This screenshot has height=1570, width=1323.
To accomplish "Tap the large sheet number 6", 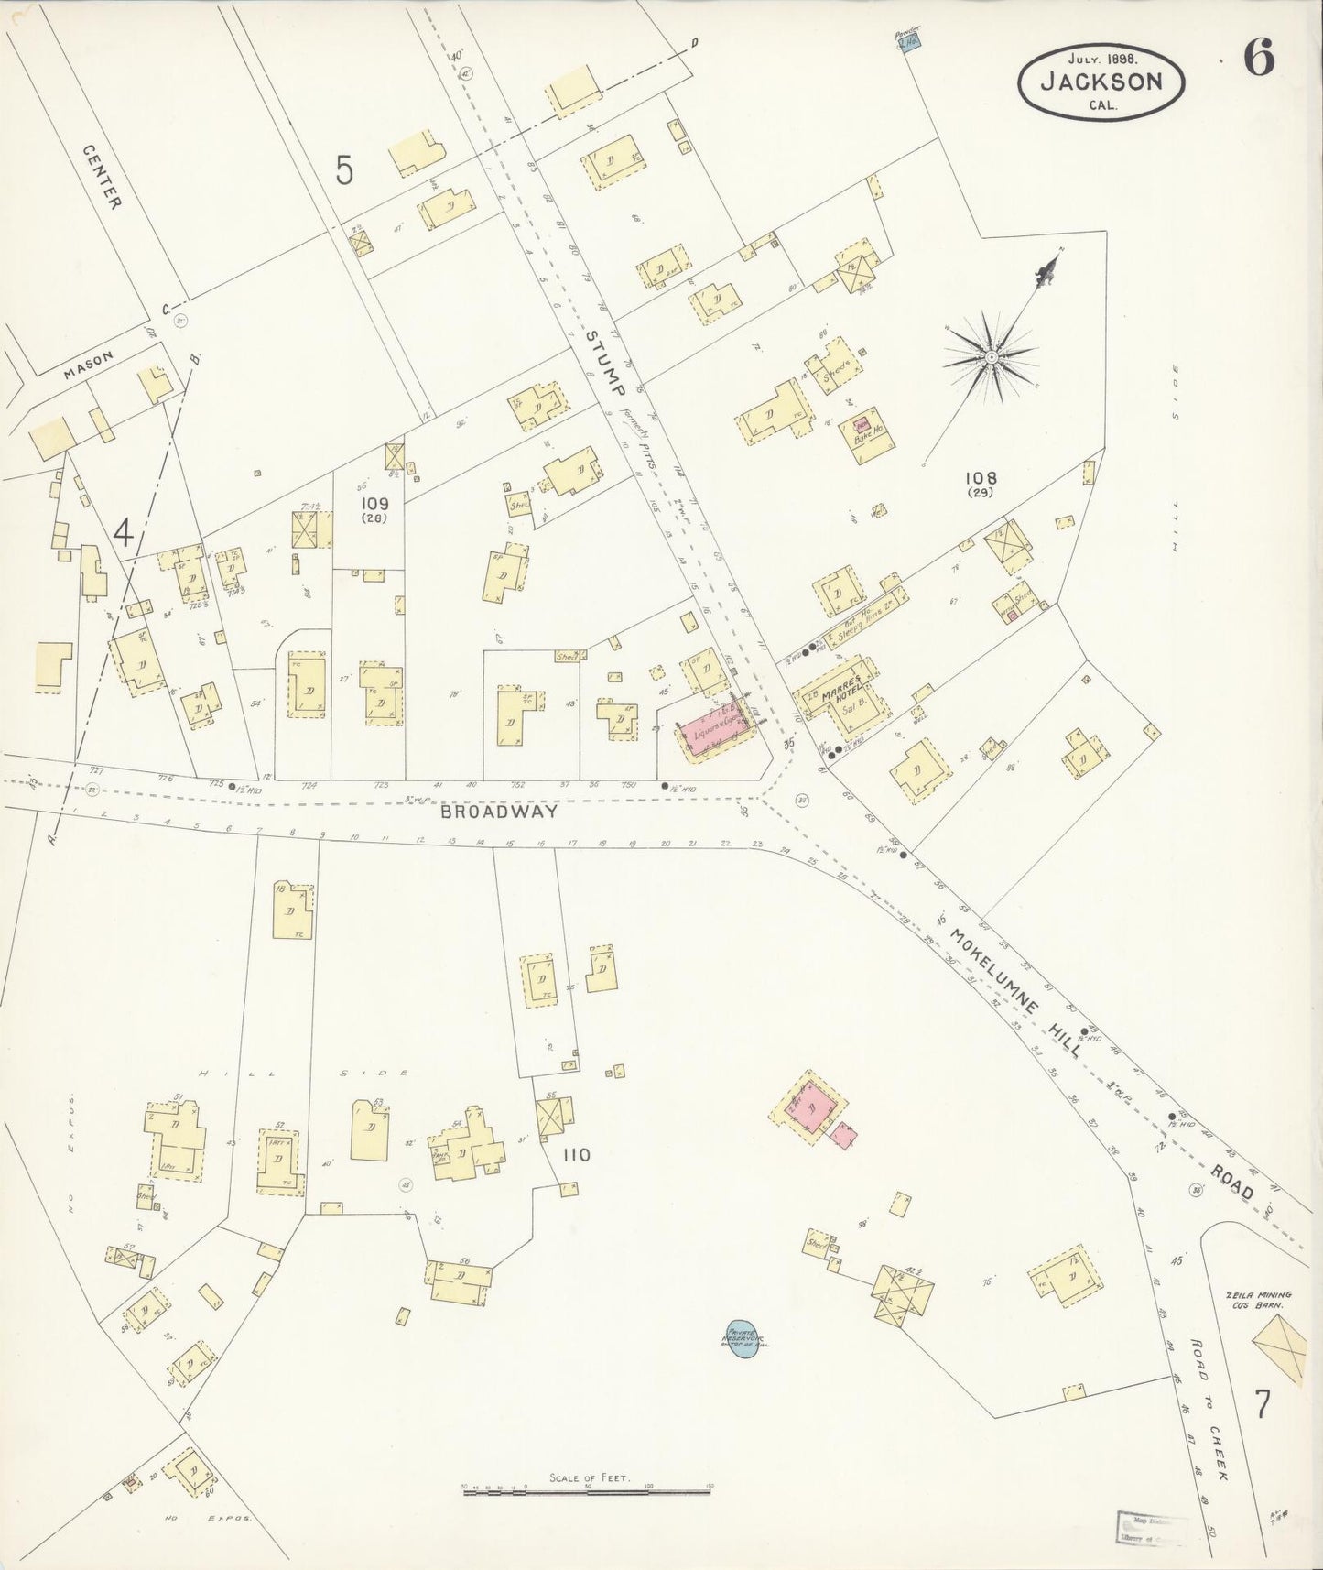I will (x=1259, y=60).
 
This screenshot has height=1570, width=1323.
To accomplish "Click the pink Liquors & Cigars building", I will (x=715, y=730).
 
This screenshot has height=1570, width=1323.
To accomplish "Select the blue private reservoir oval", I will (x=740, y=1342).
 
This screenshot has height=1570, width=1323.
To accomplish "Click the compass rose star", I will (x=990, y=354).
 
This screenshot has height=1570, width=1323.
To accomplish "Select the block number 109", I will (x=374, y=503).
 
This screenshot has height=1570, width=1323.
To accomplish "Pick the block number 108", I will (x=980, y=478).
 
